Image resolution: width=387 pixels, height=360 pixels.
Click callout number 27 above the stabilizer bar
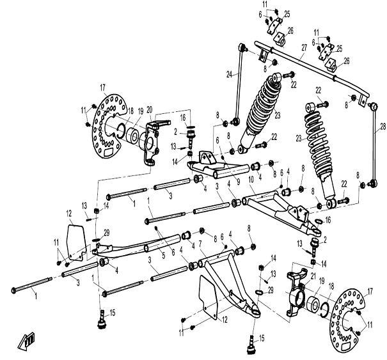click(304, 47)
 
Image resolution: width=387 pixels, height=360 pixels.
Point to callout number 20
click(150, 109)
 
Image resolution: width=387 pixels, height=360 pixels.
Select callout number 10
click(251, 180)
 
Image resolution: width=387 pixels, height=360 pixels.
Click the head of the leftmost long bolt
click(15, 290)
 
